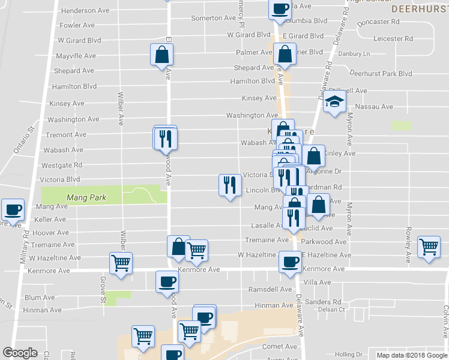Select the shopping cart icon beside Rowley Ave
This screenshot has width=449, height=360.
click(x=429, y=247)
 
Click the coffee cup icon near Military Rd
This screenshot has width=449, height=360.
click(x=13, y=210)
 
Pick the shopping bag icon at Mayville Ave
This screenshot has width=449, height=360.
click(x=162, y=55)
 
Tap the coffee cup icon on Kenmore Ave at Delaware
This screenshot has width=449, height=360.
click(x=291, y=262)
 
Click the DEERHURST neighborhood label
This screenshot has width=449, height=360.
click(x=419, y=10)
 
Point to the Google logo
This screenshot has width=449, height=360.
click(x=20, y=353)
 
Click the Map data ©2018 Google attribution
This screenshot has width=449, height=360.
click(x=412, y=355)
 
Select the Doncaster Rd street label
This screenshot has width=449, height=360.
click(x=378, y=22)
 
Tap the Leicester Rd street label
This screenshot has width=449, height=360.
click(x=393, y=38)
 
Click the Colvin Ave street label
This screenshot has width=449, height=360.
click(x=445, y=320)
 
